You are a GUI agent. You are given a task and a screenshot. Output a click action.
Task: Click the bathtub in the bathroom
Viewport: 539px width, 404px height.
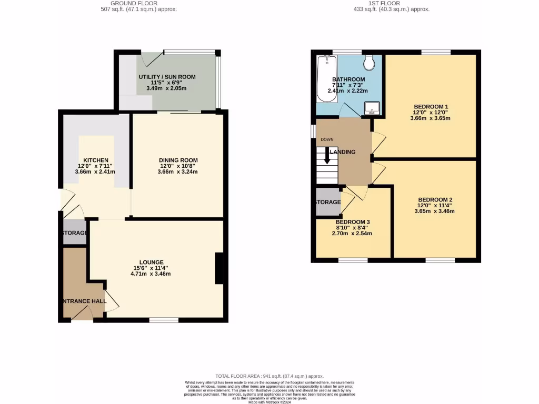click(x=326, y=79)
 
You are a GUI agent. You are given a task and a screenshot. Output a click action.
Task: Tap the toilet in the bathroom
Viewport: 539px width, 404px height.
click(x=369, y=63)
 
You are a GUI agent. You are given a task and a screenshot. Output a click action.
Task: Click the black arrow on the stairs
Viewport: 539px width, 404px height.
click(x=327, y=156)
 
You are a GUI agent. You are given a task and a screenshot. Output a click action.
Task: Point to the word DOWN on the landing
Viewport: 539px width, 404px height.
click(x=327, y=139)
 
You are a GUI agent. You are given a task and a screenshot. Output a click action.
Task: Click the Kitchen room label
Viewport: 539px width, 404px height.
click(x=95, y=160)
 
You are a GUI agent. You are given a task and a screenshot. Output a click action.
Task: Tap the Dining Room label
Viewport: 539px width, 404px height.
click(x=178, y=160)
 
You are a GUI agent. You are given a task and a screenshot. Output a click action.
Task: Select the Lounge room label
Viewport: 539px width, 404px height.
click(x=151, y=262)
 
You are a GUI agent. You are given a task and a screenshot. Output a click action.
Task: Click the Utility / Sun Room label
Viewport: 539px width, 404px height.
click(x=167, y=77)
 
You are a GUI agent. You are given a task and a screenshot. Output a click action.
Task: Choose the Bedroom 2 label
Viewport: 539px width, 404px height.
click(x=435, y=199)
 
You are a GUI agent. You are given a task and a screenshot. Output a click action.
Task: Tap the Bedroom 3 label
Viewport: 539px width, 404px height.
click(x=353, y=221)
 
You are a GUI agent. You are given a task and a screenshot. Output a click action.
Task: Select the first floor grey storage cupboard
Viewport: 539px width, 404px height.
click(x=327, y=203)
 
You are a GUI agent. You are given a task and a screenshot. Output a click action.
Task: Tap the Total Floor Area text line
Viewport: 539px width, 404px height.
click(x=269, y=377)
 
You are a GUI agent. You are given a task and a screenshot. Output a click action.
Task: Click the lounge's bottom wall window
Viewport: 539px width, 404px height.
click(x=163, y=320)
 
